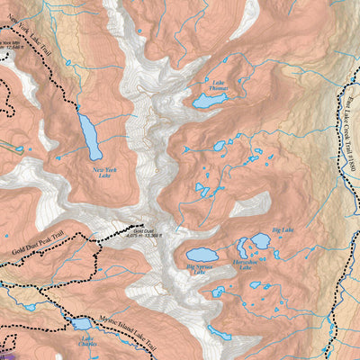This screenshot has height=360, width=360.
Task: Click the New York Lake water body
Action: pyautogui.click(x=90, y=136)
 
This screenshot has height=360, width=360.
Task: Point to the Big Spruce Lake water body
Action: pyautogui.click(x=201, y=255)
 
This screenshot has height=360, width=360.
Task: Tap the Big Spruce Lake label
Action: pyautogui.click(x=202, y=267)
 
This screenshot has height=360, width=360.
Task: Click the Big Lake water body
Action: pyautogui.click(x=261, y=240)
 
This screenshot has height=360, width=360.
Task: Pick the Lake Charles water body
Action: pyautogui.click(x=81, y=323)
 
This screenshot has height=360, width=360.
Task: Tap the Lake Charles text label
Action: pyautogui.click(x=87, y=342)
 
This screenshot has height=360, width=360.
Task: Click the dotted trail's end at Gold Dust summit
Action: pyautogui.click(x=141, y=225)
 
